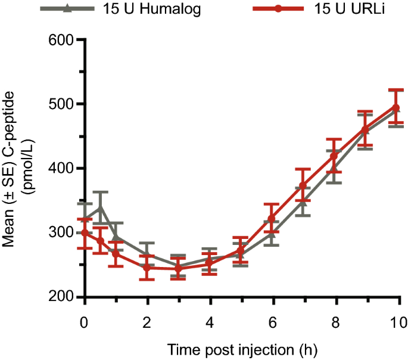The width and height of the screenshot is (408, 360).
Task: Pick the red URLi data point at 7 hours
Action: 303,186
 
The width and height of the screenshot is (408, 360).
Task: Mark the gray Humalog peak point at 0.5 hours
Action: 100,207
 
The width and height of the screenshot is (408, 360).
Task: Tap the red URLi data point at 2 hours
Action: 147,268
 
